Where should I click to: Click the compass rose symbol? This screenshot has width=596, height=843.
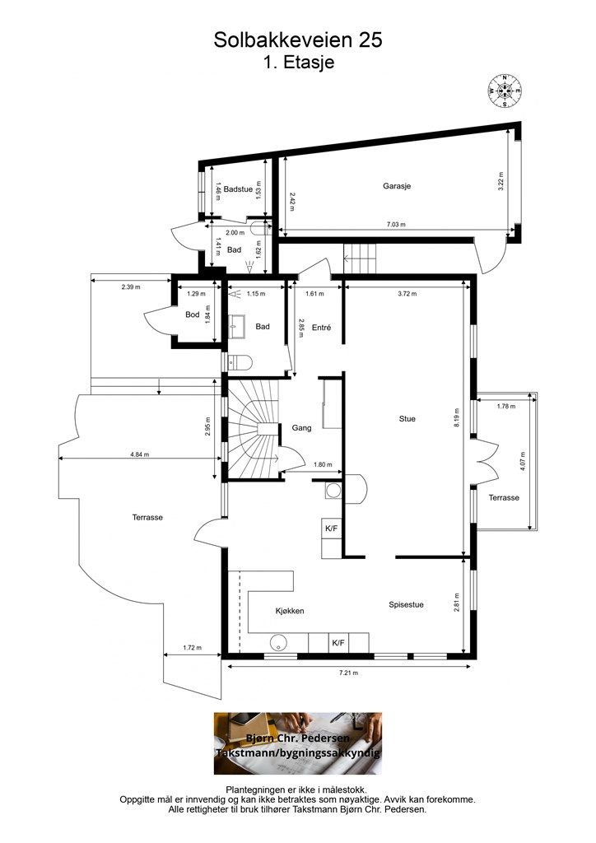[505, 91]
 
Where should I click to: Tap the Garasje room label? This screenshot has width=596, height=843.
[397, 186]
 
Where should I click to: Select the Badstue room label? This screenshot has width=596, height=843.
[238, 189]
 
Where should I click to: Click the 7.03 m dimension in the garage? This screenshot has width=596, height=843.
[395, 225]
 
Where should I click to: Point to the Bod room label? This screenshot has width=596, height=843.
[193, 314]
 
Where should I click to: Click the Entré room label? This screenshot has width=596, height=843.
[321, 327]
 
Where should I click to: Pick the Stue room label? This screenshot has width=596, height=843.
[407, 419]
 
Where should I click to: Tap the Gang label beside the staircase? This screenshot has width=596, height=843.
[301, 428]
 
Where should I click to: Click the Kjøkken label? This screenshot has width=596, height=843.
[290, 611]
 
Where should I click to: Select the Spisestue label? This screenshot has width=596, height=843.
[406, 604]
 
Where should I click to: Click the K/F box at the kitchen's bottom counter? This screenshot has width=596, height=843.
[338, 642]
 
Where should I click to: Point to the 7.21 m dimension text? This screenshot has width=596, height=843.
[348, 673]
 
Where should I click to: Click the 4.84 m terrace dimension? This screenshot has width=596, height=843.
[140, 454]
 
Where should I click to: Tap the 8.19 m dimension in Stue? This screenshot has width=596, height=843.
[458, 417]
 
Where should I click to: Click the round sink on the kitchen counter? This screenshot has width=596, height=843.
[279, 642]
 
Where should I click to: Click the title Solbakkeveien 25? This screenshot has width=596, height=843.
[298, 40]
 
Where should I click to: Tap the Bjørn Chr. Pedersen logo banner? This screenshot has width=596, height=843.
[298, 743]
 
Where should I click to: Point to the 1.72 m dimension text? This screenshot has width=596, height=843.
[192, 648]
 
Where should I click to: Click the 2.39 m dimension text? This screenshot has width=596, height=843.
[131, 287]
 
